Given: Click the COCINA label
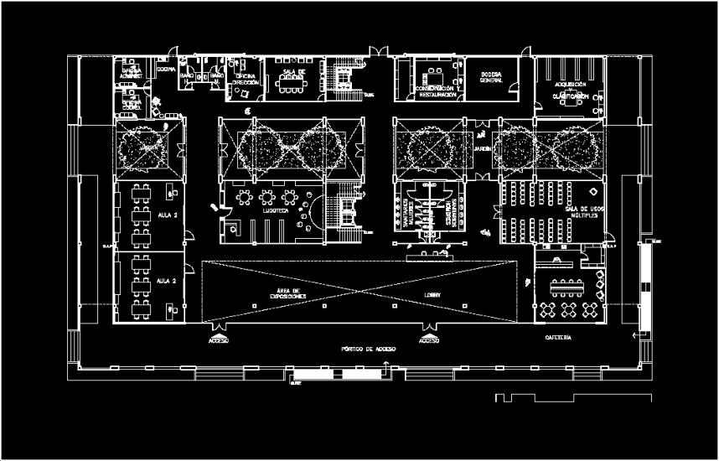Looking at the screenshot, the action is tap(166, 70).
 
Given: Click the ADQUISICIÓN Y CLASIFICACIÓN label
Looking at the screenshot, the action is tap(570, 91).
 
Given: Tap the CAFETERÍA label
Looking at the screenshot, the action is tap(559, 337).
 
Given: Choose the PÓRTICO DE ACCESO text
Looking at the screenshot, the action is tap(368, 348).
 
